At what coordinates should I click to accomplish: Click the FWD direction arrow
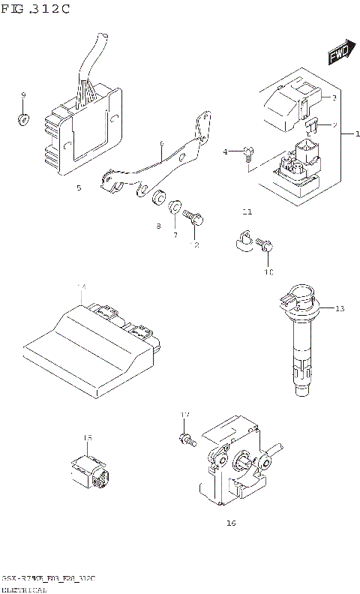340,52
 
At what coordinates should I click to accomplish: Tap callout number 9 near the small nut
23,95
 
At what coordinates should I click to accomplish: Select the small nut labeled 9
22,118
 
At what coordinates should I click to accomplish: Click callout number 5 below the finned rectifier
79,188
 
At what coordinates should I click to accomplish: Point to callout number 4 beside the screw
225,152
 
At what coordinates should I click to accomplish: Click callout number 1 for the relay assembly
356,133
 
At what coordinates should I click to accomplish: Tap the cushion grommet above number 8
158,200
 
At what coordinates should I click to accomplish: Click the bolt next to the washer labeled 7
194,217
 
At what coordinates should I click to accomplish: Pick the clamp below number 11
242,239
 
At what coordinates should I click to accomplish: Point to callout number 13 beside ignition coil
339,309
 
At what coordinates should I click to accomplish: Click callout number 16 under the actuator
230,523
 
